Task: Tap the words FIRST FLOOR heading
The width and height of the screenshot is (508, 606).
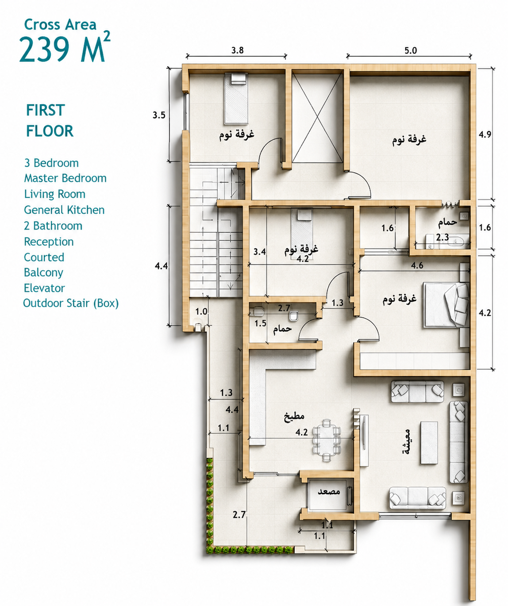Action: [x=50, y=120]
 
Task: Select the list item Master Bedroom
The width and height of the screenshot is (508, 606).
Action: [x=65, y=178]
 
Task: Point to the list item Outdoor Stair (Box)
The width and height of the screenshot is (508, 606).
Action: [x=71, y=303]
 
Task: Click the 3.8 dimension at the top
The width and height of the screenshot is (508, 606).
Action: [x=237, y=50]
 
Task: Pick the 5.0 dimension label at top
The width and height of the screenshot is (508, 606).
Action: [x=411, y=50]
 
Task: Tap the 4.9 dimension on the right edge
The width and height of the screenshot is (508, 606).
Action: [x=485, y=134]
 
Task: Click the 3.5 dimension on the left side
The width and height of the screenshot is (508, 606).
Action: [x=159, y=115]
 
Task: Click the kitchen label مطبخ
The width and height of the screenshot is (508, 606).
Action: [x=294, y=416]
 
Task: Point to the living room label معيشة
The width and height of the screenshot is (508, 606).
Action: [x=406, y=442]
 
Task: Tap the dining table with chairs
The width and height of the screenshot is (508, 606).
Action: [x=327, y=440]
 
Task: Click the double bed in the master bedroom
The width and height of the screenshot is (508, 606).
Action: [x=446, y=305]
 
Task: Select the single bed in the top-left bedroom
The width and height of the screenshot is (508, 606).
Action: [x=236, y=98]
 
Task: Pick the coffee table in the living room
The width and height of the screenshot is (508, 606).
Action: [x=429, y=443]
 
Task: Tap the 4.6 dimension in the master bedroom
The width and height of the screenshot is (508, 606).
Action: [x=417, y=265]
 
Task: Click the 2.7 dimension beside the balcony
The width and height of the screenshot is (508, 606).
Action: [x=239, y=514]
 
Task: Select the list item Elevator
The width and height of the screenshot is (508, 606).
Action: [x=44, y=288]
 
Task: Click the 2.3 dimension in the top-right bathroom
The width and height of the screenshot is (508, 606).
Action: [x=443, y=238]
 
